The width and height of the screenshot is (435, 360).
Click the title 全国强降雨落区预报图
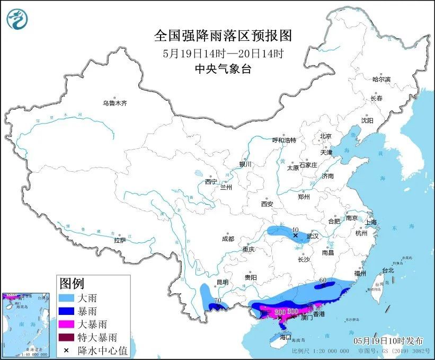pos(223,36)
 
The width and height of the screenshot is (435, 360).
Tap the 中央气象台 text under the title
pos(223,68)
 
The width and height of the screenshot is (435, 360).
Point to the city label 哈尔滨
pos(381,79)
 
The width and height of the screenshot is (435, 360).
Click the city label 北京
pos(325,136)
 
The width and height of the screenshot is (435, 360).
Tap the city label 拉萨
pos(120,240)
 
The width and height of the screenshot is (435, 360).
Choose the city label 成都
pos(228,239)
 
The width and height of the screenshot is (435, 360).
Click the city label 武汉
pos(313,236)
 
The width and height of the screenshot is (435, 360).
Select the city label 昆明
pos(222,282)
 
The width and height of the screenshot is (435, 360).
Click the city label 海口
pos(286,337)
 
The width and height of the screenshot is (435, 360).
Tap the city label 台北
pos(388,270)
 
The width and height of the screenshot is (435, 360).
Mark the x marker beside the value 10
pos(295,235)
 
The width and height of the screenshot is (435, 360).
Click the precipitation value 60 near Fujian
pos(322,280)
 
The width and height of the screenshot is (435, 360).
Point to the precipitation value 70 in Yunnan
pos(217,301)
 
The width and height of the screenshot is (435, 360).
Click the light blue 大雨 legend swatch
pos(66,298)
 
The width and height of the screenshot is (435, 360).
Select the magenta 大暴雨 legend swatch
pos(66,324)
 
